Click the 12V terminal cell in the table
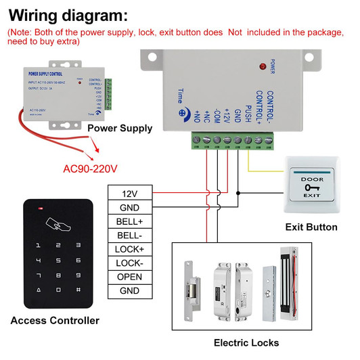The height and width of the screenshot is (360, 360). click(130, 193)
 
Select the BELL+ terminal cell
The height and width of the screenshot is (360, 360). click(130, 221)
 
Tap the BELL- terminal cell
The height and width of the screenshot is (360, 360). click(130, 235)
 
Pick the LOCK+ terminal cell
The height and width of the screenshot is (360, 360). click(130, 249)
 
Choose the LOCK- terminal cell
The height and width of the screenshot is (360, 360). click(130, 263)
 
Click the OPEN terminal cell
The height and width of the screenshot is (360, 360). click(130, 277)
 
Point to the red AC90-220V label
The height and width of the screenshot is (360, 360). click(90, 168)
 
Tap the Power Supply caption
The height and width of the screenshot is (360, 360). click(120, 128)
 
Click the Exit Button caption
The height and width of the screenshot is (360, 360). click(311, 227)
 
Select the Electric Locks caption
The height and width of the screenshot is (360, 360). click(246, 342)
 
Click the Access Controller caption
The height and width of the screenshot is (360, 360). click(55, 320)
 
